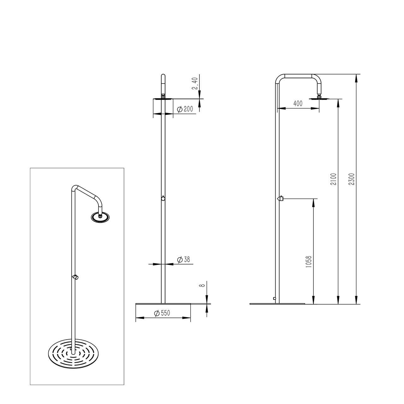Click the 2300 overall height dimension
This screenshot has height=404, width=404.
pyautogui.click(x=353, y=179)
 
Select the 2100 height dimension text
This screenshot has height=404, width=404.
pyautogui.click(x=335, y=179)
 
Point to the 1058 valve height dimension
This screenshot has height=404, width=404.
pyautogui.click(x=309, y=262)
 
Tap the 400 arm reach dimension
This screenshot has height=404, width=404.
pyautogui.click(x=298, y=103)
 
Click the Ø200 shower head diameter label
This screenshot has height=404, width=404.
pyautogui.click(x=185, y=109)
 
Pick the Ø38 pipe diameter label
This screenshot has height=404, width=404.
pyautogui.click(x=184, y=260)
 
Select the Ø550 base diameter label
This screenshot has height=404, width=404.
pyautogui.click(x=162, y=313)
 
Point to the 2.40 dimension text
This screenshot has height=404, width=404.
pyautogui.click(x=195, y=83)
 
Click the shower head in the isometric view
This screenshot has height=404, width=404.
pyautogui.click(x=100, y=217)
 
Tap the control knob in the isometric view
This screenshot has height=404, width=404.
pyautogui.click(x=76, y=277)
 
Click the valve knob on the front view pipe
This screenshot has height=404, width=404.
pyautogui.click(x=163, y=198)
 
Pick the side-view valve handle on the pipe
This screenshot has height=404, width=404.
pyautogui.click(x=280, y=199)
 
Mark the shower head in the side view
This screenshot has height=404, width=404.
pyautogui.click(x=319, y=98)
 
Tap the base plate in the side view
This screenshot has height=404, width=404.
pyautogui.click(x=277, y=304)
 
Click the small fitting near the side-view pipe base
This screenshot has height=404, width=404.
pyautogui.click(x=274, y=298)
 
